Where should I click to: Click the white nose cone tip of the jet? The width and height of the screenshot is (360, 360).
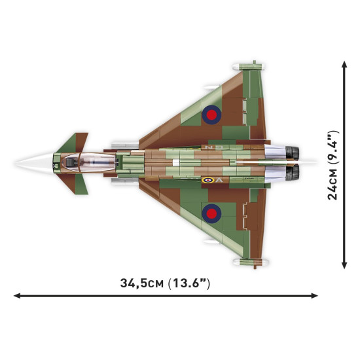click(x=18, y=162)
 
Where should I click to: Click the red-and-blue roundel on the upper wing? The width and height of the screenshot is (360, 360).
click(x=211, y=116)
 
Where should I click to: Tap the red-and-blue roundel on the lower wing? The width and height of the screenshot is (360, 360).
click(x=211, y=211)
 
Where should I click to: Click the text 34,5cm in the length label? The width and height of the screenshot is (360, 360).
click(x=142, y=283)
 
